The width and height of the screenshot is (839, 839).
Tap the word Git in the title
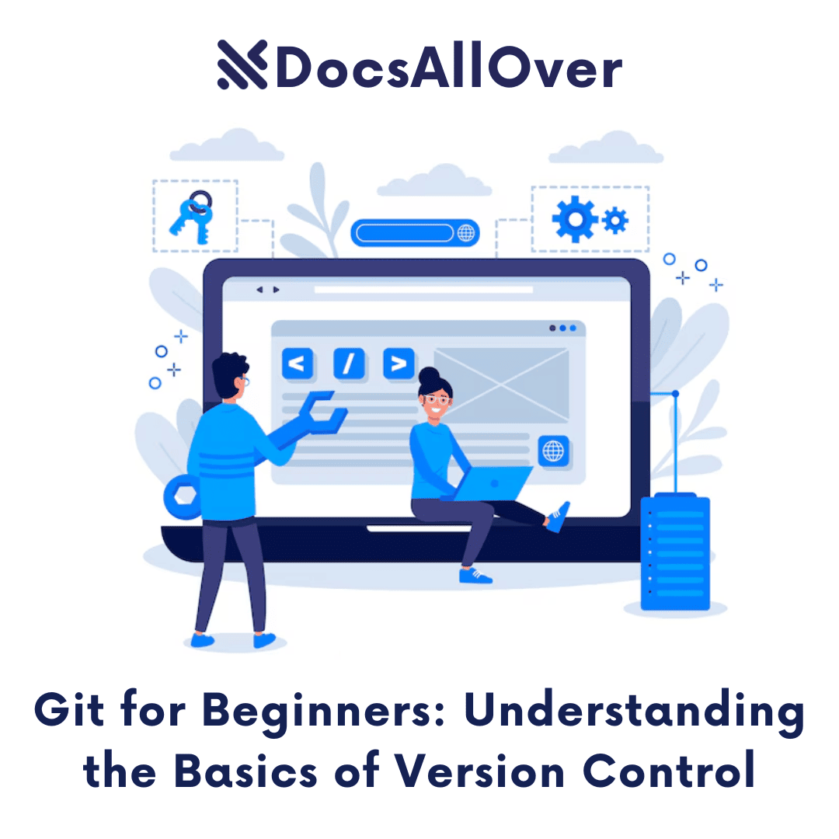(75, 712)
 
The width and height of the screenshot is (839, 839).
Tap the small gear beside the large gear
(615, 220)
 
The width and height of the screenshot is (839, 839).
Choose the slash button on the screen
(349, 364)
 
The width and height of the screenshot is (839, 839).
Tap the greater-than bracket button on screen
(399, 364)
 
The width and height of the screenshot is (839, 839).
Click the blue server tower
(674, 552)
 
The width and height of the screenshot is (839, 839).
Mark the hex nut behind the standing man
(181, 494)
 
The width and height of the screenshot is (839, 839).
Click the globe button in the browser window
(553, 450)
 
